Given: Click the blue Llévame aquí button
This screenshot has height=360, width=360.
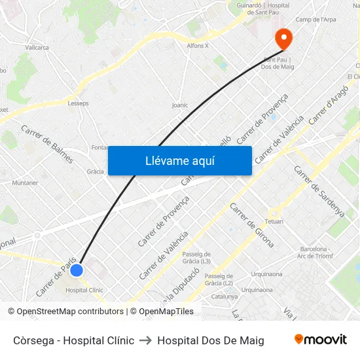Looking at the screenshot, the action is (x=179, y=160).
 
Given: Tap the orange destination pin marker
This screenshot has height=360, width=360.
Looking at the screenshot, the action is (x=283, y=38).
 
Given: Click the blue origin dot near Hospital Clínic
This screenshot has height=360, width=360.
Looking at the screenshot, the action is (x=77, y=270).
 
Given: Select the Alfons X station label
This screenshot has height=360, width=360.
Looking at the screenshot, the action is (x=198, y=46).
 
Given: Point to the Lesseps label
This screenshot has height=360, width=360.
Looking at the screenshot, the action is (x=78, y=103).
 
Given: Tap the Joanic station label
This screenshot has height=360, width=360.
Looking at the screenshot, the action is (x=179, y=105).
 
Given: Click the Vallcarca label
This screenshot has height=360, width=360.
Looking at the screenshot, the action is (x=37, y=48).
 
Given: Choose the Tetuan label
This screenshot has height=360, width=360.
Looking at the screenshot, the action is (x=274, y=221).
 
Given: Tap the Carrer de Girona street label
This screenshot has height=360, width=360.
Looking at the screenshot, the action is (x=252, y=225).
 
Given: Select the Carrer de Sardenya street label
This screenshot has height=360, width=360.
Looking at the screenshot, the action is (x=319, y=191).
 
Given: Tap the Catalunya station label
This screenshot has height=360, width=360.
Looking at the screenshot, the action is (x=225, y=296).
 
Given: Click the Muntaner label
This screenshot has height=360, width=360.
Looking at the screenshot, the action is (x=25, y=183).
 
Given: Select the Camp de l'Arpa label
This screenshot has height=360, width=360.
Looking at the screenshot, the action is (x=315, y=20).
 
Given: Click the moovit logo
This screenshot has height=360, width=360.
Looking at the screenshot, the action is (x=321, y=340).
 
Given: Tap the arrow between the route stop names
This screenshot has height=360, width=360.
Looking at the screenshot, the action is (x=146, y=340).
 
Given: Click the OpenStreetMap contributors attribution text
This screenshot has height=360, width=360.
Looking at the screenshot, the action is (x=65, y=312).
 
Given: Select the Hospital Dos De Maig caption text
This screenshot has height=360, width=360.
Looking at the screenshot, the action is (x=211, y=340).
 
